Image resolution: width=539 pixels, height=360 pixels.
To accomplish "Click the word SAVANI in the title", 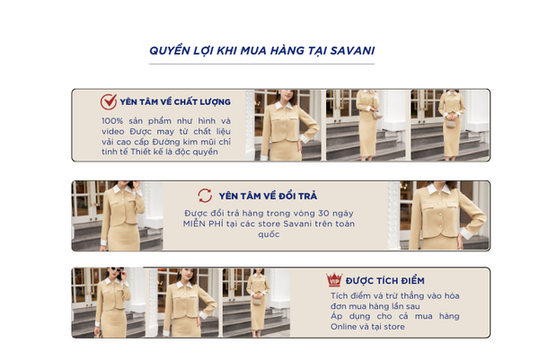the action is click(x=352, y=50).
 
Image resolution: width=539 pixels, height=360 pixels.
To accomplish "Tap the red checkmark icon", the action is click(x=109, y=101).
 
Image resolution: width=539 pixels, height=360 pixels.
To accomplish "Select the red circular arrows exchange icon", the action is click(x=205, y=196).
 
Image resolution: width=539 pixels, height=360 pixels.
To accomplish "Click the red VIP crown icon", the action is click(x=334, y=280).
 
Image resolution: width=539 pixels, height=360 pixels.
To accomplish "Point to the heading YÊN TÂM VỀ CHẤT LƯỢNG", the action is click(x=175, y=102).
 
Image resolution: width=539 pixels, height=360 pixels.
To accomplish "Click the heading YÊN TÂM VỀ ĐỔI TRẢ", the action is click(x=268, y=196).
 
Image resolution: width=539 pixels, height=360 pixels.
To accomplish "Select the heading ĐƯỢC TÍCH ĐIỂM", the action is click(x=385, y=281).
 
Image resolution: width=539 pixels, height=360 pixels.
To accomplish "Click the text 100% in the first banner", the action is click(x=112, y=121).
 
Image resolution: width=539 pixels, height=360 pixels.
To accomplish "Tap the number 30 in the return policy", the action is click(x=323, y=214).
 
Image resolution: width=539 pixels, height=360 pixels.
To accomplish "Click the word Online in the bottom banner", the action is click(x=343, y=327).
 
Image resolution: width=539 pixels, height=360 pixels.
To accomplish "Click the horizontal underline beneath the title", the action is click(x=261, y=64).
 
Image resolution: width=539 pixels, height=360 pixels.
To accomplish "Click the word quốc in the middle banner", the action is click(x=269, y=234).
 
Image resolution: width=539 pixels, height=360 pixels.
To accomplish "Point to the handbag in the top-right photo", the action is click(x=450, y=123).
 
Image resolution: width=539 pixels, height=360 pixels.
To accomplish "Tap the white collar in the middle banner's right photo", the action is click(x=438, y=189).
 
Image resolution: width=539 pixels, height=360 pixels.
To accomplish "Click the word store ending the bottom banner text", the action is click(x=394, y=327).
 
